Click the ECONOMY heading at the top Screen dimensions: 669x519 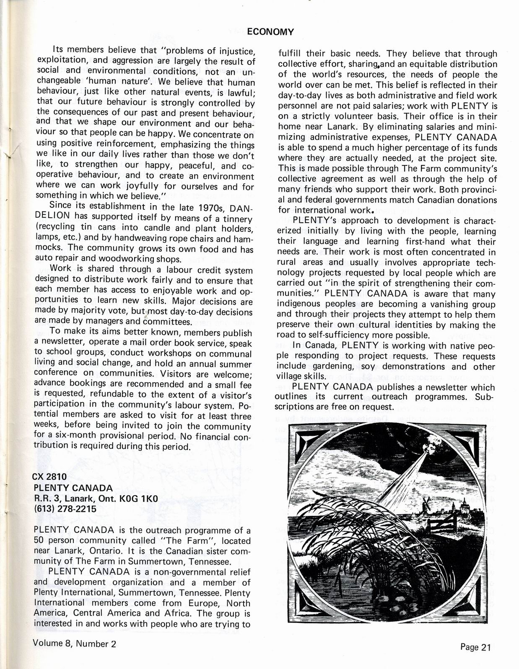pyautogui.click(x=270, y=32)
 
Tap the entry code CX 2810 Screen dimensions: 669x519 pyautogui.click(x=50, y=476)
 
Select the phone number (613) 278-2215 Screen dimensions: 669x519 pyautogui.click(x=65, y=509)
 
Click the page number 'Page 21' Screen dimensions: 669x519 pyautogui.click(x=475, y=647)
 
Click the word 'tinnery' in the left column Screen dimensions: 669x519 pyautogui.click(x=239, y=219)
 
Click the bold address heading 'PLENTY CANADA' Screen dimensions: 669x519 pyautogui.click(x=73, y=487)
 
